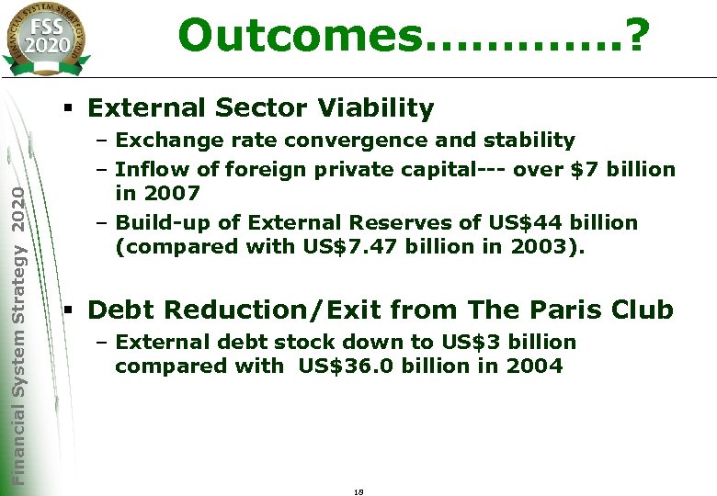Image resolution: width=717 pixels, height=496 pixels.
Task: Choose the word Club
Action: click(x=641, y=310)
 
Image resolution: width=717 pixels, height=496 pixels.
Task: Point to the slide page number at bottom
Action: click(x=358, y=492)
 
